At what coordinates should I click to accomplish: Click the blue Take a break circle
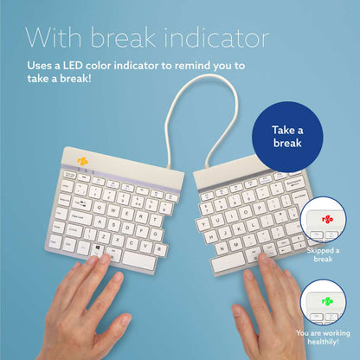pyautogui.click(x=286, y=136)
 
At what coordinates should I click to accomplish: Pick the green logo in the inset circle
pyautogui.click(x=326, y=303)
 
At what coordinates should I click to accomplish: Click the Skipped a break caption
pyautogui.click(x=325, y=254)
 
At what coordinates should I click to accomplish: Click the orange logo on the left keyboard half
pyautogui.click(x=82, y=161)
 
